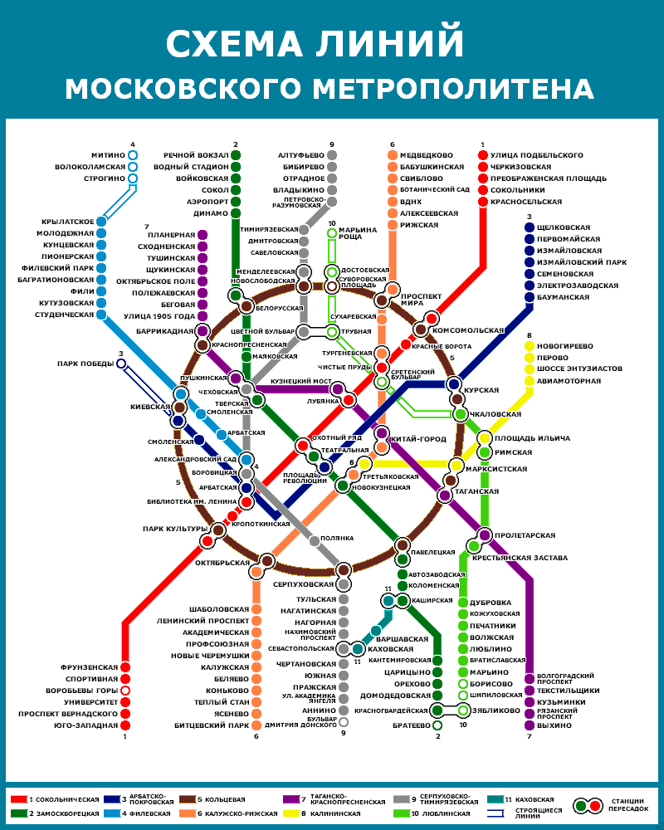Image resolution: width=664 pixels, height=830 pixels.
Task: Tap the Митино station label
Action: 109,155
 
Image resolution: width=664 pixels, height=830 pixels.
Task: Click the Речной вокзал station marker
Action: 236,155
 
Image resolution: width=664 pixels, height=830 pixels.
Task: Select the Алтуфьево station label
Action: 300,155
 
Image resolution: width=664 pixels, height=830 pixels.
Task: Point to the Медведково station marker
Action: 393,155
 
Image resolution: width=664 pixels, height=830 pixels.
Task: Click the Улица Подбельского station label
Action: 536,155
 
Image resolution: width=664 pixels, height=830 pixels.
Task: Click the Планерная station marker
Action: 202,235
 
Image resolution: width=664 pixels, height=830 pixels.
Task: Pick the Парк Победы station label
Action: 85,363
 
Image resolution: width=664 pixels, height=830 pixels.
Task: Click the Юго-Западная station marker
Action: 125,725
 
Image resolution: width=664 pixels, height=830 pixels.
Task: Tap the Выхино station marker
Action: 529,725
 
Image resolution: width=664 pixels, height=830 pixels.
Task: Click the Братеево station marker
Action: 437,725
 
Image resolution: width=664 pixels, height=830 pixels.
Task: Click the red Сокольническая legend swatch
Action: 18,798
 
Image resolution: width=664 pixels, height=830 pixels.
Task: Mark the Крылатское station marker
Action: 101,222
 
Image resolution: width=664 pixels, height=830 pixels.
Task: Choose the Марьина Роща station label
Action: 358,233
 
